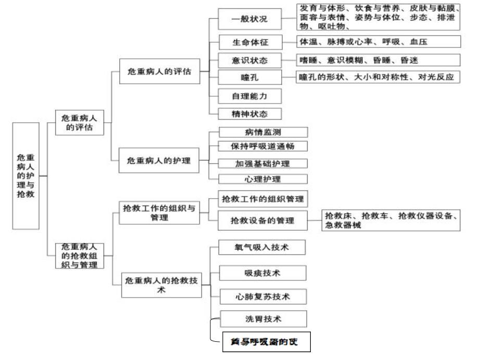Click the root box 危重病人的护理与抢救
pyautogui.click(x=26, y=176)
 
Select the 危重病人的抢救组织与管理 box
pyautogui.click(x=80, y=255)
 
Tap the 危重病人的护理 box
pyautogui.click(x=159, y=161)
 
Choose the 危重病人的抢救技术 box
pyautogui.click(x=161, y=285)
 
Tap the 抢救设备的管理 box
pyautogui.click(x=263, y=221)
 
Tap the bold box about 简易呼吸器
pyautogui.click(x=266, y=342)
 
